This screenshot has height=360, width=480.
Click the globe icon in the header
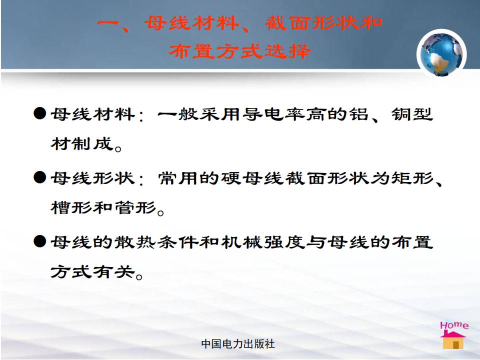click(x=441, y=54)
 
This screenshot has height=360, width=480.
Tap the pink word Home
click(x=454, y=325)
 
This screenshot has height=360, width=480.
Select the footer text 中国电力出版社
click(x=238, y=344)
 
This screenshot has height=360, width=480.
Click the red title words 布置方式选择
click(x=240, y=51)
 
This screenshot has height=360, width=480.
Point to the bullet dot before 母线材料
click(x=40, y=113)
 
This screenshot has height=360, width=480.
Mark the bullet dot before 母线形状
click(x=40, y=177)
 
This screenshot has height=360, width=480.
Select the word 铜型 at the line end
click(x=412, y=114)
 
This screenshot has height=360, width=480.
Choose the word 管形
click(x=135, y=207)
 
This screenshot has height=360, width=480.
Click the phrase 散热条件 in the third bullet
click(x=156, y=242)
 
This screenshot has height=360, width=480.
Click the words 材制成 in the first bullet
click(x=81, y=143)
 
